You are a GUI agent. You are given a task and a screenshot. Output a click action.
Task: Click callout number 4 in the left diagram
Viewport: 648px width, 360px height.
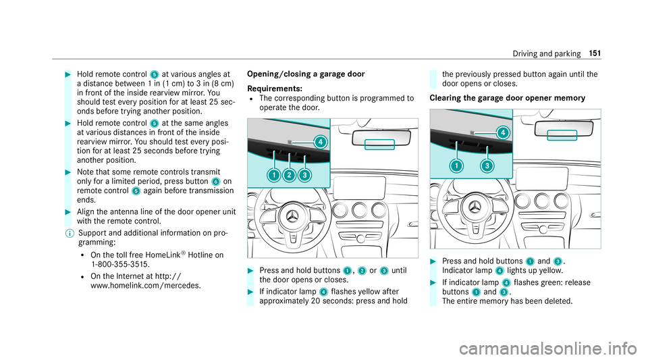click(x=321, y=142)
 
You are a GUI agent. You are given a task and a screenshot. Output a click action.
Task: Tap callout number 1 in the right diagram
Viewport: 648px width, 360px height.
click(x=457, y=166)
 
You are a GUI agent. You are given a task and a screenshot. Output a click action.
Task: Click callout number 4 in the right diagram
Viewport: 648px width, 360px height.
click(x=502, y=132)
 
